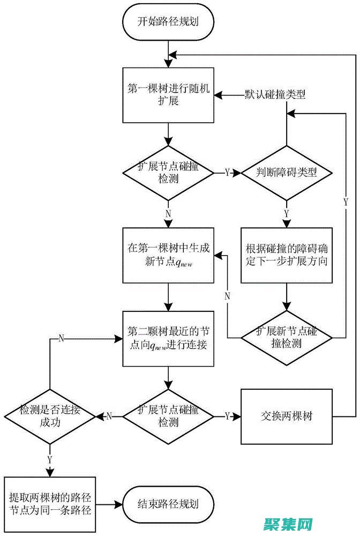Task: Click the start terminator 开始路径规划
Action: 169,22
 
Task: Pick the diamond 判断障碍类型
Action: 287,173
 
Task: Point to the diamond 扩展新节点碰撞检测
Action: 287,337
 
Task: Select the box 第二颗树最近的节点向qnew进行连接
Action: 169,338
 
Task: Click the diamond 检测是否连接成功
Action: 50,416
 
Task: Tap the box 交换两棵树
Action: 287,416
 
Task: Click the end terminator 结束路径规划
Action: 169,504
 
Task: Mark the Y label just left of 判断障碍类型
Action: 227,173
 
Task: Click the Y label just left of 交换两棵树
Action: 227,416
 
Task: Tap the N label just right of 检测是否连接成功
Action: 109,416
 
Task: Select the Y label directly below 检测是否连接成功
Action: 50,459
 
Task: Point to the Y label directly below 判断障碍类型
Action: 287,213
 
